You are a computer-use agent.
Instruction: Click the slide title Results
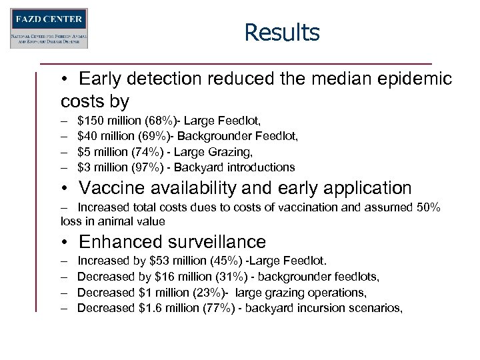(281, 32)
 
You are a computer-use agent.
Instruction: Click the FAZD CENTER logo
(49, 28)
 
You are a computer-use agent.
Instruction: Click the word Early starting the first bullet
(101, 79)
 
